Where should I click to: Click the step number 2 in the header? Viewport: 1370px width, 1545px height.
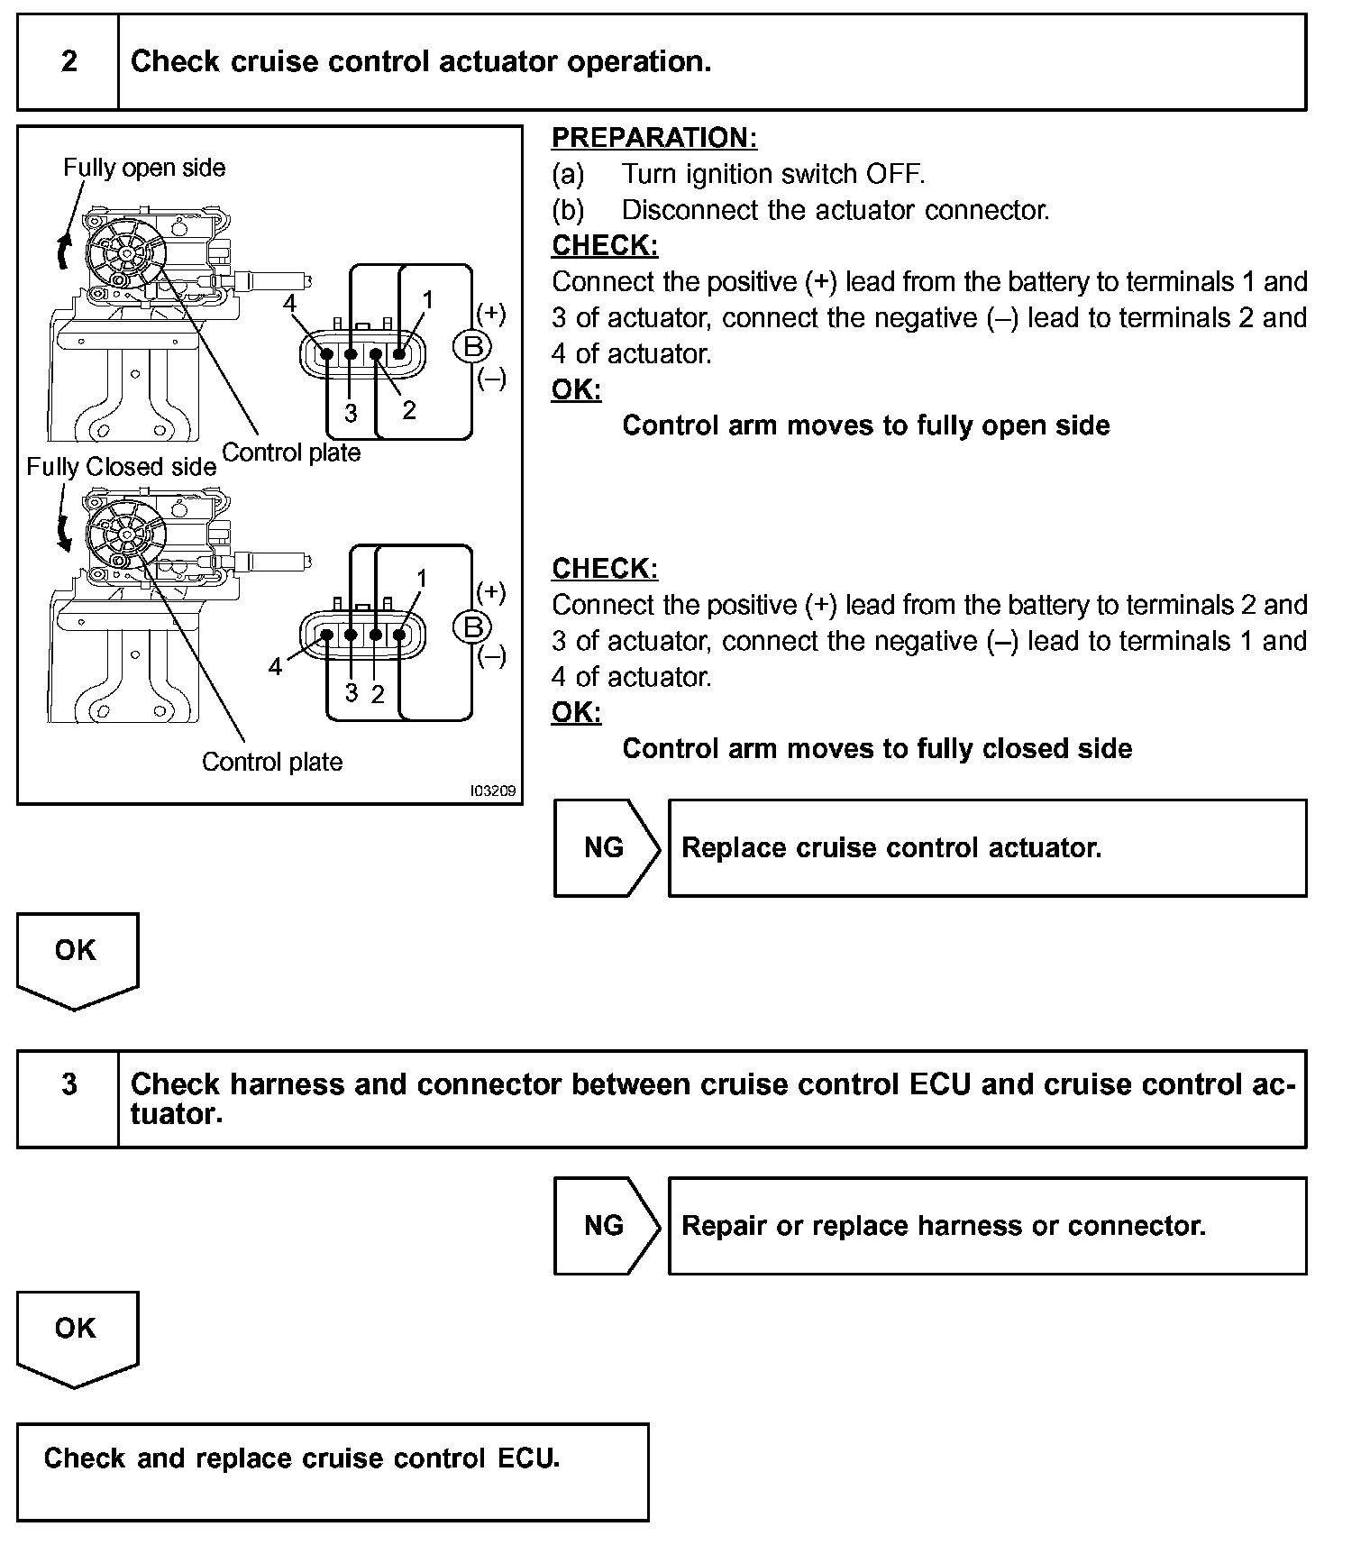(68, 62)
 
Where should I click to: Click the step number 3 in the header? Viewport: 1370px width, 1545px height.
(68, 1084)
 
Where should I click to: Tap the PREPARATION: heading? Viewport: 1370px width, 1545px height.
(654, 138)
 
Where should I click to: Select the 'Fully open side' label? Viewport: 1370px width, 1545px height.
(144, 168)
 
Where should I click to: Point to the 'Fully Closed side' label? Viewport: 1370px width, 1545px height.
(121, 467)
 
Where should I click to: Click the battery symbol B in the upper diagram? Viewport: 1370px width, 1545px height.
(470, 346)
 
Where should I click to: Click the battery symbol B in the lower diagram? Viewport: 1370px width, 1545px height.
(470, 626)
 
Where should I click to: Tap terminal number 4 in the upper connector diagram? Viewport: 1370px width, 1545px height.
(289, 303)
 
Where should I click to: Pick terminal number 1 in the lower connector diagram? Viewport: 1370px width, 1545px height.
(421, 578)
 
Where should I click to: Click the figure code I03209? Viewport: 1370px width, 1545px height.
(493, 791)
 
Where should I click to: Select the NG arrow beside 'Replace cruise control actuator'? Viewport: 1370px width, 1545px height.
(605, 848)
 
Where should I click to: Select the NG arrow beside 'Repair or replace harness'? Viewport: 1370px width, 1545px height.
(605, 1226)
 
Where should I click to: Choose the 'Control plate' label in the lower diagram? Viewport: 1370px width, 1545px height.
(272, 763)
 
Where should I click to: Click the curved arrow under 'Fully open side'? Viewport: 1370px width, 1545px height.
(62, 251)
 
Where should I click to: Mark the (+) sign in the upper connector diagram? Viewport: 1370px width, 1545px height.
(491, 314)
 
